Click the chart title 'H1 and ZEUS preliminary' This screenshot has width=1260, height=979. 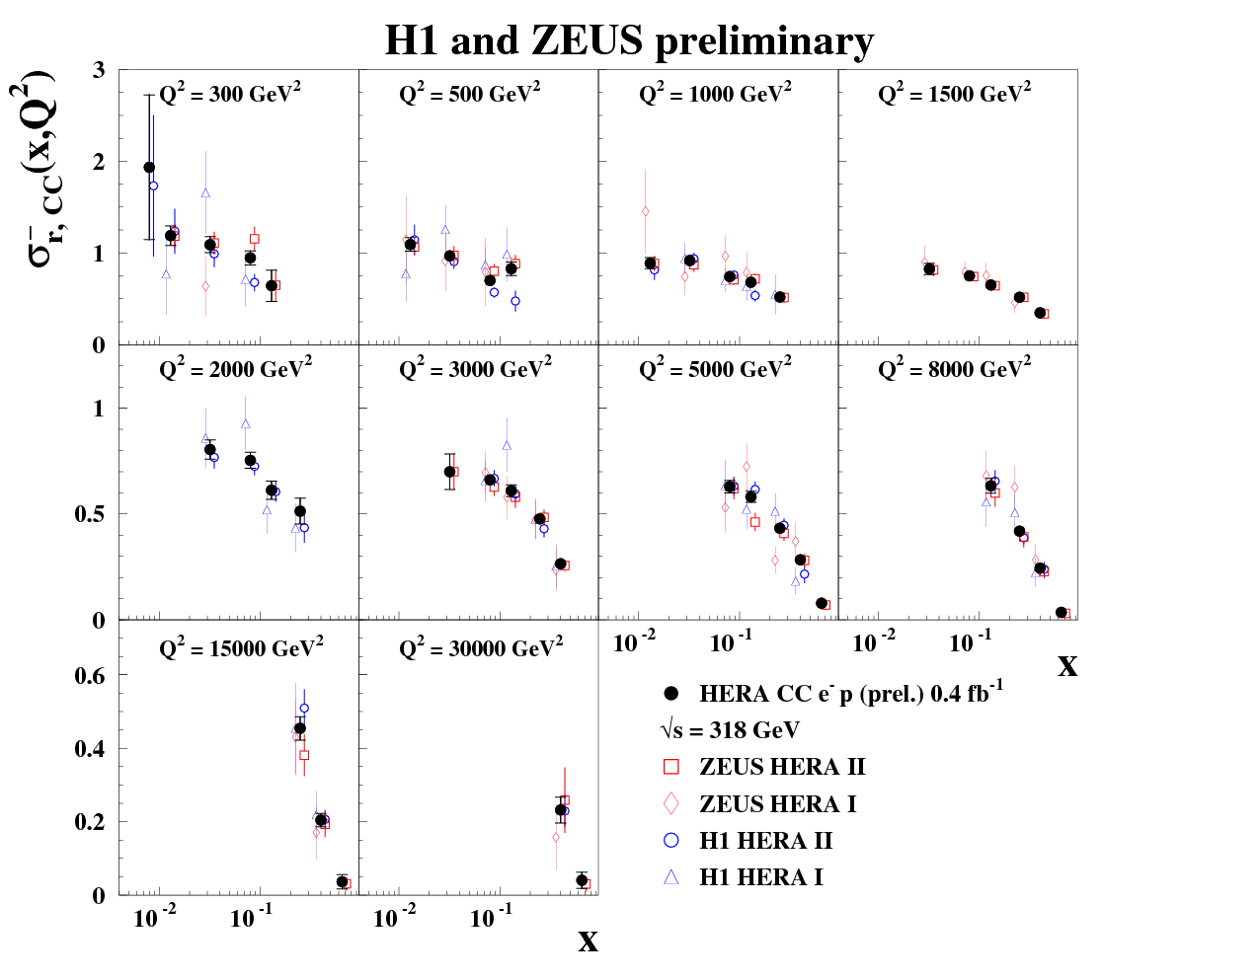[x=629, y=41]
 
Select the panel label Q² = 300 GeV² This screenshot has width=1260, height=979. [x=230, y=94]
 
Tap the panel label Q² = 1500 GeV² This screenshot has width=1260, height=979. [x=954, y=94]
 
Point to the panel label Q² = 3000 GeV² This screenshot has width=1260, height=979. [x=475, y=369]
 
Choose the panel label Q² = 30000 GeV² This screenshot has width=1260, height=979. [x=481, y=648]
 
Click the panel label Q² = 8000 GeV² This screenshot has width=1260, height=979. [x=954, y=369]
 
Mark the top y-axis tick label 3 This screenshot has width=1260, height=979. [x=99, y=70]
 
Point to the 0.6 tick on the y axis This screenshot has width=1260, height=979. [x=90, y=676]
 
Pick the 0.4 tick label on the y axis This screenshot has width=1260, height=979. [x=90, y=749]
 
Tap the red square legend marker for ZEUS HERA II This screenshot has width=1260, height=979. [x=671, y=767]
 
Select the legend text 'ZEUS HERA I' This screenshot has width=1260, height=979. [x=777, y=804]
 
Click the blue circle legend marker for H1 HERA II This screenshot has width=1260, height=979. [x=671, y=841]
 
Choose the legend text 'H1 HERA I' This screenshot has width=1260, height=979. [x=760, y=877]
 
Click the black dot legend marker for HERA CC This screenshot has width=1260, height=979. [x=671, y=694]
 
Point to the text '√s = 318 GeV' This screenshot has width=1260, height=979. [x=730, y=730]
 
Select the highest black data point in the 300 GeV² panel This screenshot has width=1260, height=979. [x=149, y=168]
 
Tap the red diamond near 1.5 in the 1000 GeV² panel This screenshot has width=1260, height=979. [x=645, y=211]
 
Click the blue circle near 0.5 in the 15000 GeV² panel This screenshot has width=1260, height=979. [x=304, y=708]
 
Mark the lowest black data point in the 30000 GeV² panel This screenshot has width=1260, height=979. [x=582, y=880]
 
